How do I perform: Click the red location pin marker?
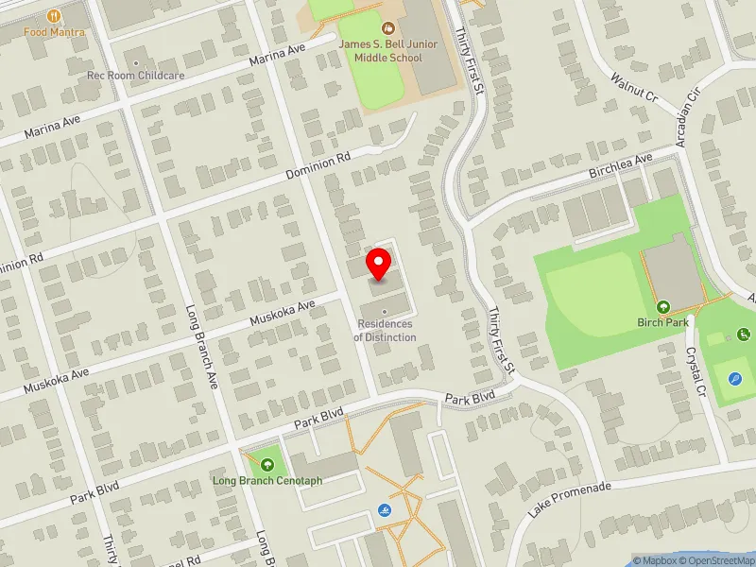379,263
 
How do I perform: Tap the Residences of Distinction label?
385,331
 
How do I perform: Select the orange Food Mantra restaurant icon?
55,15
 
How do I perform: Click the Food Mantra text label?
55,32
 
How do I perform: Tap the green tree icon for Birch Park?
663,306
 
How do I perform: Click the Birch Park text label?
663,323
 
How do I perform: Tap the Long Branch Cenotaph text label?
267,480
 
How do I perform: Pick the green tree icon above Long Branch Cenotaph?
267,464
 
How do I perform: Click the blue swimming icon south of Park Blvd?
386,511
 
